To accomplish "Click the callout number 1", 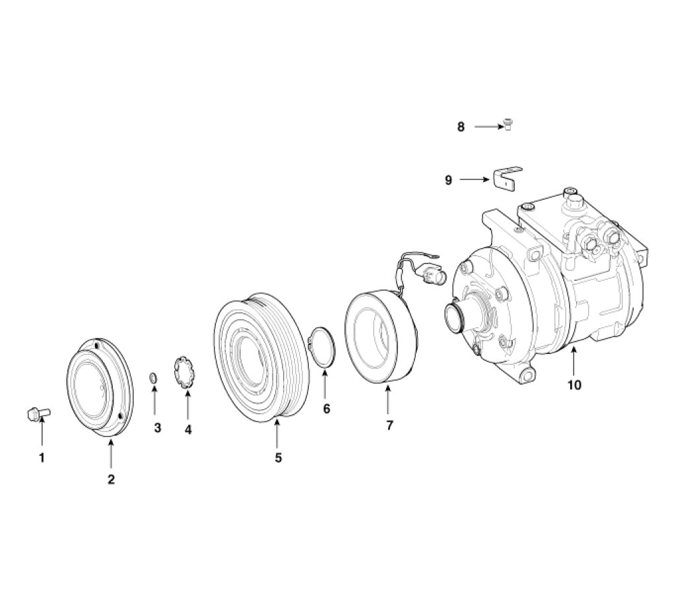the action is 42,457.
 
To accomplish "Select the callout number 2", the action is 111,479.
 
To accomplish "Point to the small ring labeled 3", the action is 153,377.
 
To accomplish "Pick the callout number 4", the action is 188,429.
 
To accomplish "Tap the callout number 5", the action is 278,457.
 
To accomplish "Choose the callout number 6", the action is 326,409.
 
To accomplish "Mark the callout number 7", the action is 389,425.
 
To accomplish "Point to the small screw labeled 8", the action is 509,125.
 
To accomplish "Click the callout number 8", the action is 461,127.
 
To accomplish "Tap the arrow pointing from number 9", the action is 475,179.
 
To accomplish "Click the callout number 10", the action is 574,384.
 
